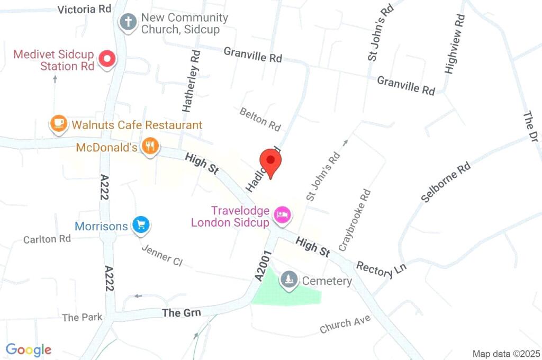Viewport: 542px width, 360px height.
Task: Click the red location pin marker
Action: pos(270,161)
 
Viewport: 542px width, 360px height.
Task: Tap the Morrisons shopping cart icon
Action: pos(140,225)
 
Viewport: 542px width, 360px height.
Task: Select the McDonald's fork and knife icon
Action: pos(151,146)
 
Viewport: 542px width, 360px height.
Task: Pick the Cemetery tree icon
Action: pos(288,279)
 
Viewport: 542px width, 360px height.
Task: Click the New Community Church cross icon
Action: pos(128,22)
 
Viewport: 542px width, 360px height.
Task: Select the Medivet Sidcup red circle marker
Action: pos(108,59)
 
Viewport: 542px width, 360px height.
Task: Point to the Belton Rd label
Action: pos(260,119)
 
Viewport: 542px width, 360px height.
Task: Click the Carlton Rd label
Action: pos(47,239)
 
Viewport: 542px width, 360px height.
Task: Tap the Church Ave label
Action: pos(345,323)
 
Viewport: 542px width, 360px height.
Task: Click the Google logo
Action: pos(29,349)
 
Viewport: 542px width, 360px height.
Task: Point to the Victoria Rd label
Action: pos(84,10)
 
